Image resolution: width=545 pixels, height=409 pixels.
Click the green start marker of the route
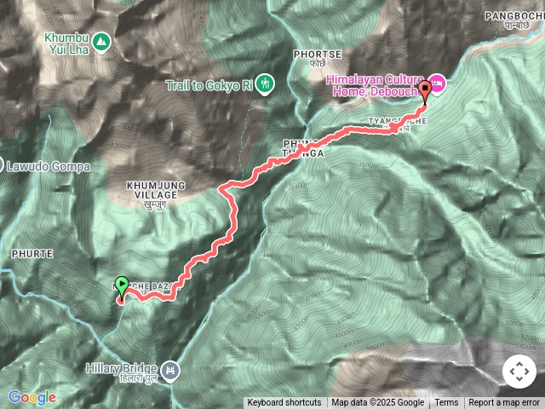[x=121, y=287]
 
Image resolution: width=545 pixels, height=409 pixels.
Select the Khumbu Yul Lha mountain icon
[x=101, y=40]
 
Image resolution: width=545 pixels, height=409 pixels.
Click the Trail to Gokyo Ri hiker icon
[x=266, y=84]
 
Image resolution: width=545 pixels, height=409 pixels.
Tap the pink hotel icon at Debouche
[x=438, y=82]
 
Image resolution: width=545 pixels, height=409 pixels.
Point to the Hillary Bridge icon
[x=170, y=371]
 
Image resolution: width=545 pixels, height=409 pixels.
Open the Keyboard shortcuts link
[x=284, y=403]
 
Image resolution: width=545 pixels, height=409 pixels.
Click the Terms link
[x=446, y=403]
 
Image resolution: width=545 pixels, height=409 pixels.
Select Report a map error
[x=505, y=403]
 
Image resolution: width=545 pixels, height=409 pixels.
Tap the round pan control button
[x=519, y=372]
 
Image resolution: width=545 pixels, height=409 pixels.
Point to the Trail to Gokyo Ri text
[x=209, y=84]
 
